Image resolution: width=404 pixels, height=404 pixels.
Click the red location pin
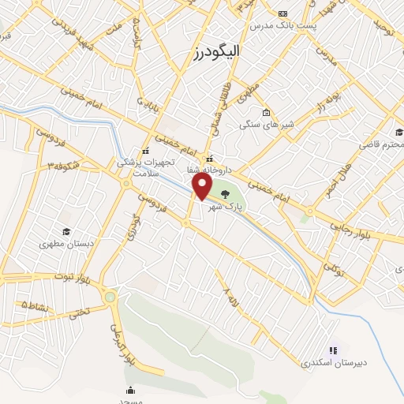[x=202, y=186]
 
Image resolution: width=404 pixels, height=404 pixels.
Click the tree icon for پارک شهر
[x=226, y=193]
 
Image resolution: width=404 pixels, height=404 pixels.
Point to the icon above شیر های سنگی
[x=266, y=112]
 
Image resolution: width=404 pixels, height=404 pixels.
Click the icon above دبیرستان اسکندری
[x=332, y=350]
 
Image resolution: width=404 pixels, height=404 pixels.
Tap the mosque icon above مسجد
[x=130, y=389]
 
